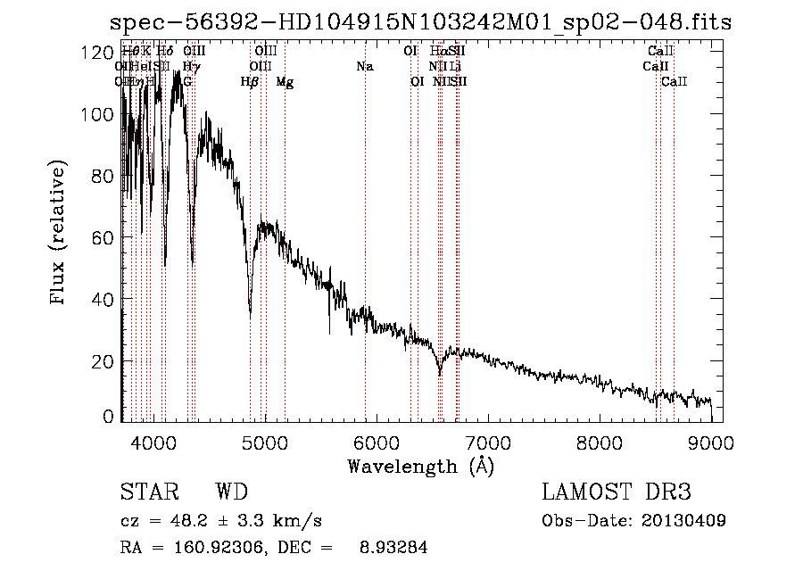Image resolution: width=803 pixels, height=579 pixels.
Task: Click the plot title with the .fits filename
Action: coord(419,22)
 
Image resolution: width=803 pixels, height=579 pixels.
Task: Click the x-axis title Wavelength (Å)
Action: coord(420,466)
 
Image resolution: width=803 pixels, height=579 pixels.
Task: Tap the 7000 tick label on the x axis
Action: coord(487,442)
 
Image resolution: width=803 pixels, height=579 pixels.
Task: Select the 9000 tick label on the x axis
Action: coord(711,442)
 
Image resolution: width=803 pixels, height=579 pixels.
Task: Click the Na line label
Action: coord(364,66)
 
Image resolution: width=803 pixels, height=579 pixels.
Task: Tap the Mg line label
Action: coord(285,82)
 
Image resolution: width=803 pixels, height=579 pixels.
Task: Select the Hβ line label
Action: coord(250,82)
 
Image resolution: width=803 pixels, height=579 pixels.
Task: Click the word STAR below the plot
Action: coord(149,492)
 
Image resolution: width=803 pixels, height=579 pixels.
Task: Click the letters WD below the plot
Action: coord(231,492)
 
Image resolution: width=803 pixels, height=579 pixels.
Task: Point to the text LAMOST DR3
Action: coord(617,492)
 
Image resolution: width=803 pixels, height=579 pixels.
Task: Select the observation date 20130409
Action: coord(683,520)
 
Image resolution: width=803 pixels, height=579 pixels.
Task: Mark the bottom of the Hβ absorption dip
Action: coord(250,313)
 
